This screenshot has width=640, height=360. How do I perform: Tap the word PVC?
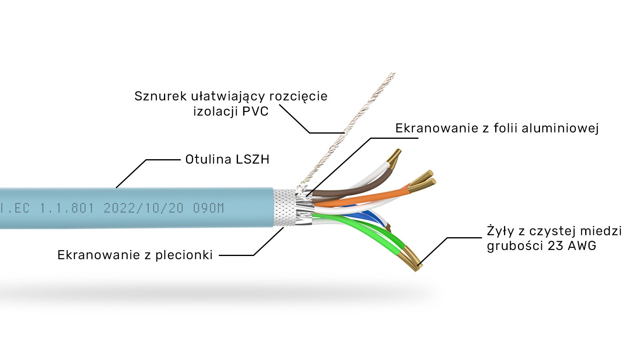tap(255, 111)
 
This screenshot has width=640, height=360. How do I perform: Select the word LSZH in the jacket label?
tap(252, 160)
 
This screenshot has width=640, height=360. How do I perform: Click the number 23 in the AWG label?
tap(556, 246)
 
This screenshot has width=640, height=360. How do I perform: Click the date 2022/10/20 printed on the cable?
tap(144, 208)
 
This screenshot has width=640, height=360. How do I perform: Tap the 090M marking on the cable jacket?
tap(208, 208)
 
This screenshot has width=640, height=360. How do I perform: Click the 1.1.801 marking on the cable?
tap(66, 208)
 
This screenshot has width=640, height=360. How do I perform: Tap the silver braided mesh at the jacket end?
tap(285, 208)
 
